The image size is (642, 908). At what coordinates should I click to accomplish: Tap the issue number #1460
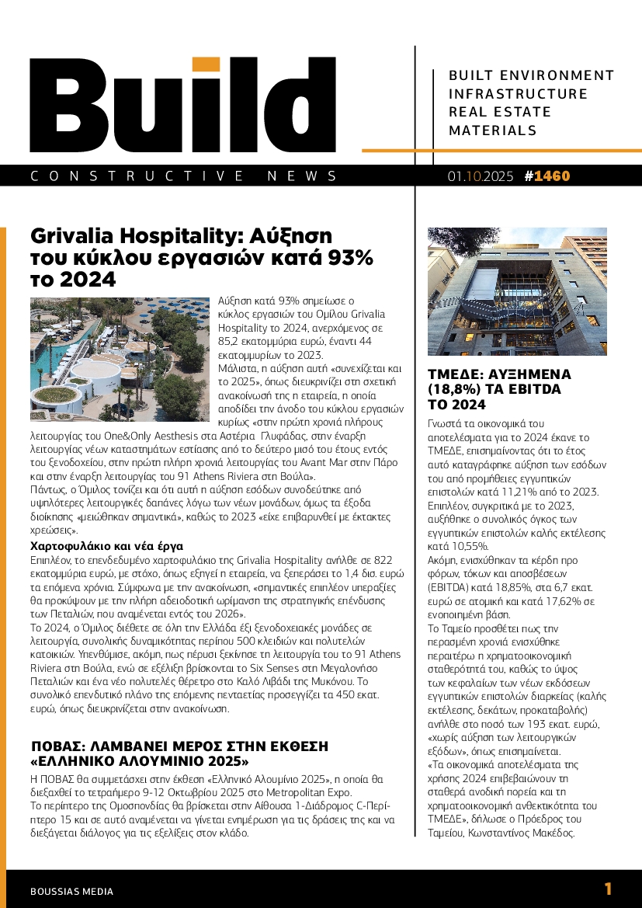coord(547,176)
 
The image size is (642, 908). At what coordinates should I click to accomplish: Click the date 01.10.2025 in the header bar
coord(480,176)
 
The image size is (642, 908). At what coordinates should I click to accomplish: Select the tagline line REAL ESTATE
coord(500,112)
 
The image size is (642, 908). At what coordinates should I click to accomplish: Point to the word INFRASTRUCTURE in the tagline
coord(519,94)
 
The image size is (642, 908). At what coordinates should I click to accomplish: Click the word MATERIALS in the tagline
coord(493,130)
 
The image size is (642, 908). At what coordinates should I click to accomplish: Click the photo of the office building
coord(517,290)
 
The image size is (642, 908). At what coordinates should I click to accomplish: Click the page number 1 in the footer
coord(608,889)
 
